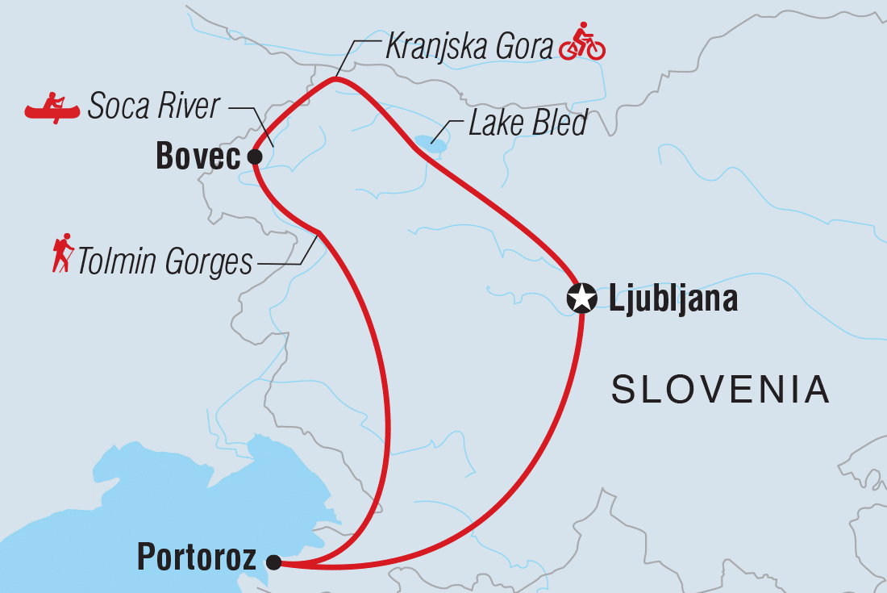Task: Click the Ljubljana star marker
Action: [x=581, y=299]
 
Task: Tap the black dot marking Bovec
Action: [x=254, y=157]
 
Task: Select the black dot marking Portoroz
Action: [x=274, y=562]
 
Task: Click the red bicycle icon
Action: [x=581, y=43]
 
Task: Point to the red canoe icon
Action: [x=52, y=107]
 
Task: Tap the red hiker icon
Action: [x=62, y=253]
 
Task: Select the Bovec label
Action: [x=198, y=157]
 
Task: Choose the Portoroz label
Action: [x=197, y=558]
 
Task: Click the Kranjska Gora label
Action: [x=470, y=46]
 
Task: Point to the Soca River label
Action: [x=153, y=106]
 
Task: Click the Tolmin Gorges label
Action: [x=164, y=262]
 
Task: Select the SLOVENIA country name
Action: [x=720, y=390]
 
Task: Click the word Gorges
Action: [x=209, y=263]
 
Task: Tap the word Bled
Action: [x=558, y=124]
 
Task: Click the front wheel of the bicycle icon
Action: [x=595, y=49]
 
